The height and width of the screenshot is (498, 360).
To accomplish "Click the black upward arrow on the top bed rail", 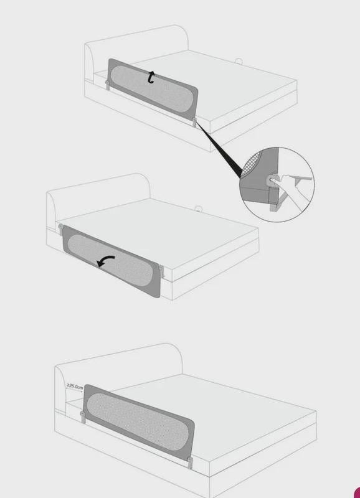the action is pyautogui.click(x=151, y=77).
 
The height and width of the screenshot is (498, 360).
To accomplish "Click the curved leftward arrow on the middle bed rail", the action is pyautogui.click(x=105, y=261).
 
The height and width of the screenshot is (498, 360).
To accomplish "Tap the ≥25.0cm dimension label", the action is pyautogui.click(x=75, y=387).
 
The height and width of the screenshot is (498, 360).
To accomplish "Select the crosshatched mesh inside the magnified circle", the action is pyautogui.click(x=251, y=164).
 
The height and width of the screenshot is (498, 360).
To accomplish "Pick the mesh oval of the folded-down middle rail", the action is pyautogui.click(x=111, y=261).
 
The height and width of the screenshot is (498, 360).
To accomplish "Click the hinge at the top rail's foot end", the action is pyautogui.click(x=194, y=121).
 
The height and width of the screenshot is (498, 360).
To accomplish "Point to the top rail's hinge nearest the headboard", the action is pyautogui.click(x=107, y=85).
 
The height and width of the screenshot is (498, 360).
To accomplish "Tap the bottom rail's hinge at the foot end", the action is pyautogui.click(x=190, y=462).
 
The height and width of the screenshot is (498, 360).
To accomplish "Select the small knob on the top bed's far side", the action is pyautogui.click(x=239, y=60).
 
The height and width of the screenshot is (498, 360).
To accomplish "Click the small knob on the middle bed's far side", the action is pyautogui.click(x=199, y=209).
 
